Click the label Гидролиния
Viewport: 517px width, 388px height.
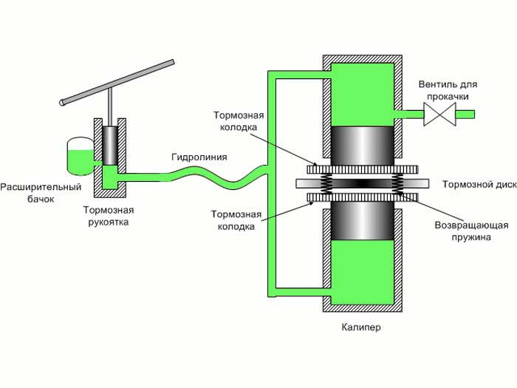click(x=199, y=157)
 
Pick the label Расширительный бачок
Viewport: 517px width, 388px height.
click(x=40, y=193)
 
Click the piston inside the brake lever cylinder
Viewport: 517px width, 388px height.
click(x=112, y=146)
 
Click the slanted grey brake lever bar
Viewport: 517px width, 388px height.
click(x=118, y=82)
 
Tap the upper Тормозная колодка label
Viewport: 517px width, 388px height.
click(x=239, y=121)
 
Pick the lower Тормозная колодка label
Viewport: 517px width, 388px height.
click(x=236, y=220)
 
